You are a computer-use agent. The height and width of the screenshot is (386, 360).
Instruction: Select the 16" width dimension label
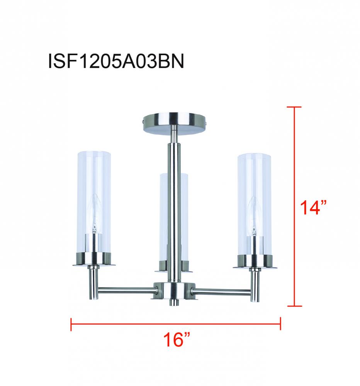pyautogui.click(x=176, y=341)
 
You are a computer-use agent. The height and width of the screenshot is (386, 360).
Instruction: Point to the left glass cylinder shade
pyautogui.click(x=93, y=201)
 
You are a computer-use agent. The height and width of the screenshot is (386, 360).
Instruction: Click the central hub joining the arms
pyautogui.click(x=172, y=290)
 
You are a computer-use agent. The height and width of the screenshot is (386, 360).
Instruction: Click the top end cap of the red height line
pyautogui.click(x=295, y=107)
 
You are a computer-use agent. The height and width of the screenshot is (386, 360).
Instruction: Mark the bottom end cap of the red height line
pyautogui.click(x=295, y=306)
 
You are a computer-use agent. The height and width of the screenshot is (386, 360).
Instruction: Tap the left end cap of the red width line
pyautogui.click(x=71, y=324)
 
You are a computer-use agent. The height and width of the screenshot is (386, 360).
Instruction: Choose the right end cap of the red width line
pyautogui.click(x=280, y=324)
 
